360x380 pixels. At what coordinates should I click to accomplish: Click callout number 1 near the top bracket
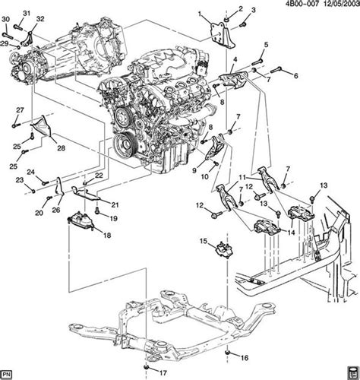click(x=200, y=14)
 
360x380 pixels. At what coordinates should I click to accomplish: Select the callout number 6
click(x=295, y=74)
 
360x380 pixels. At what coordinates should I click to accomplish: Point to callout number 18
click(x=106, y=236)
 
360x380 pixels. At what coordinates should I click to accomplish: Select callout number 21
click(x=115, y=204)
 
